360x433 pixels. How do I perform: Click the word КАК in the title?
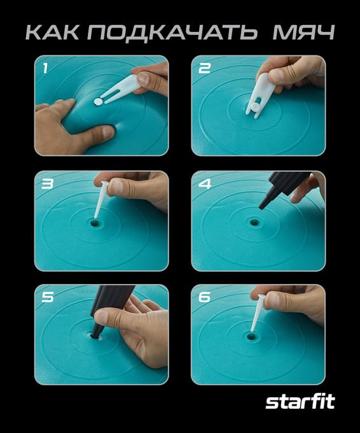(52, 32)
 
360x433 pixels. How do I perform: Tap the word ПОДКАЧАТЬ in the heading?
(172, 33)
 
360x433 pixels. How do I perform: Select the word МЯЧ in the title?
(303, 32)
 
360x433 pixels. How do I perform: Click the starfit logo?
(300, 402)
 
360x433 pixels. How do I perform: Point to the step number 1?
(45, 68)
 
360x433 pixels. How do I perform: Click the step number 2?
(204, 68)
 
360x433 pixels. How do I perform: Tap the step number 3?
(47, 183)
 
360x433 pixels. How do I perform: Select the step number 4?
(205, 183)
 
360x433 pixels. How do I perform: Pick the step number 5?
(48, 297)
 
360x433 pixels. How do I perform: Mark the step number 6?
(204, 297)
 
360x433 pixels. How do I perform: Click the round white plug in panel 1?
(98, 102)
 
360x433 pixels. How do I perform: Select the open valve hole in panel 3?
(95, 222)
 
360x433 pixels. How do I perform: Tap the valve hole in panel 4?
(253, 222)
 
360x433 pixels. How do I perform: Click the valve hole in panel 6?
(251, 336)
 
